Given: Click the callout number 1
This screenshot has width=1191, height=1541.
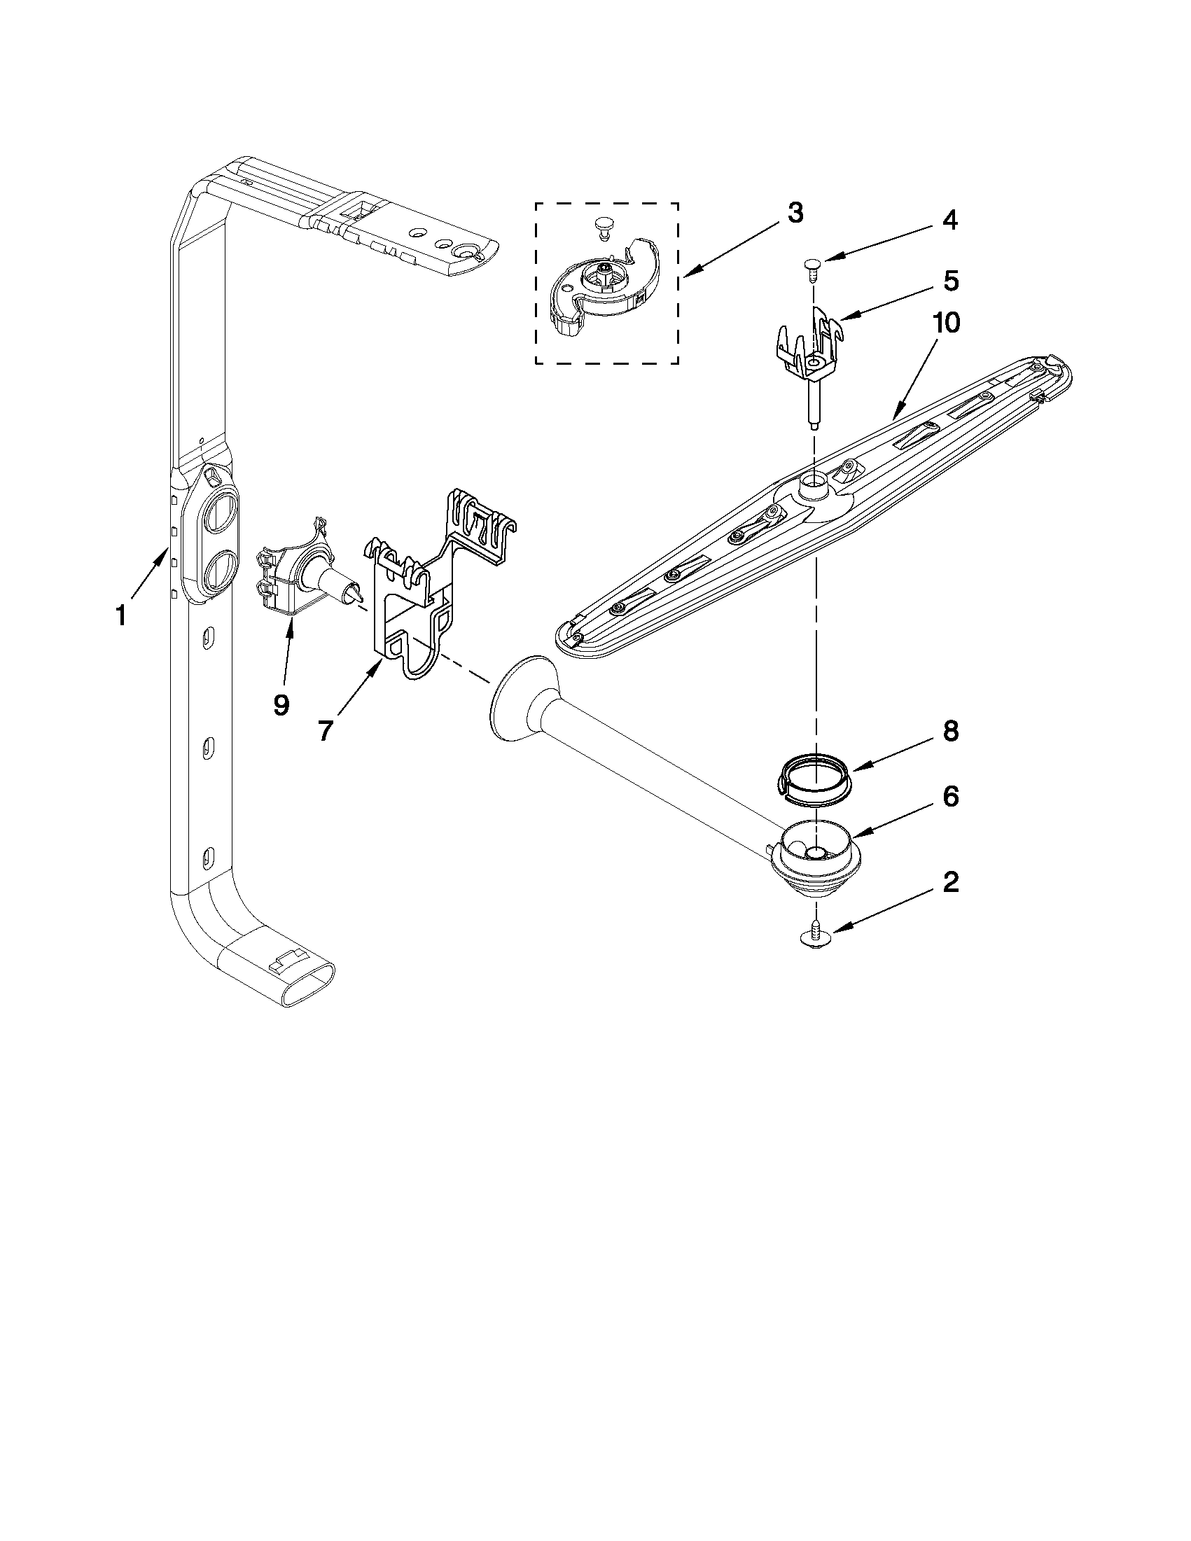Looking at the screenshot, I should pos(120,615).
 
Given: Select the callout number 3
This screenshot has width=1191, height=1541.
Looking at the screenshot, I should pos(795,212).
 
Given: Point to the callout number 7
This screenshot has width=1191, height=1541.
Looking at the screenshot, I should pos(324,730).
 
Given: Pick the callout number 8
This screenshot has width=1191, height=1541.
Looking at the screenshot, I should pos(950,731).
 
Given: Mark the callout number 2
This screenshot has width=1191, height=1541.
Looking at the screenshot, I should pos(950,882).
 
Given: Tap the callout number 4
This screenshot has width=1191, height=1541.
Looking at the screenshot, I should pos(949,220).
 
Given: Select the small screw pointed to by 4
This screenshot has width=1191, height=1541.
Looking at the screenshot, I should pos(812,267).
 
